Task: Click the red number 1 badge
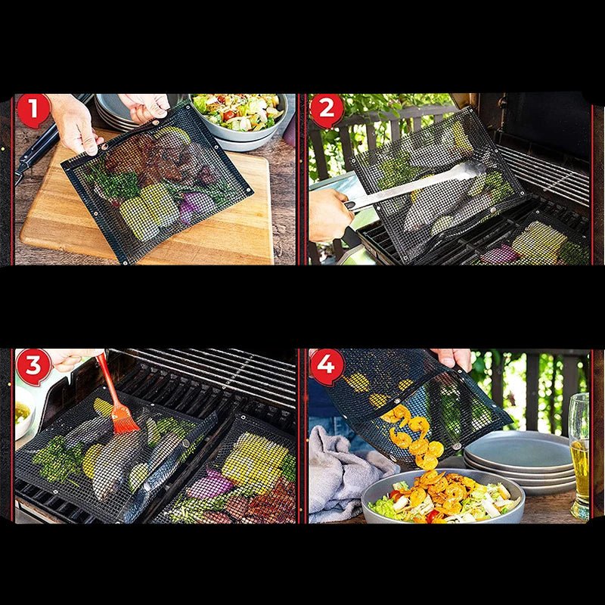[x=33, y=110]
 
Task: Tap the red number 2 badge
[x=327, y=110]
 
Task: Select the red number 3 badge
[x=33, y=367]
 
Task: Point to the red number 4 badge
[x=327, y=367]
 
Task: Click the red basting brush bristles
[x=123, y=418]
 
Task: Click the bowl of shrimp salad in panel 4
[x=443, y=497]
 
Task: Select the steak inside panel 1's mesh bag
[x=147, y=157]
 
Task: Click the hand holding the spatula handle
[x=330, y=215]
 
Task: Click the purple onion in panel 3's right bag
[x=209, y=483]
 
